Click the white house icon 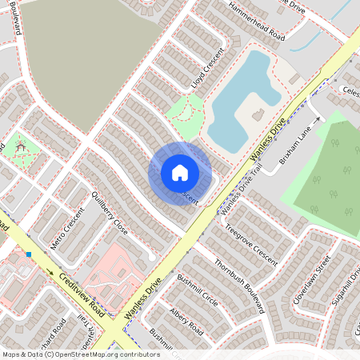click(x=180, y=173)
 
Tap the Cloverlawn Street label click(x=310, y=278)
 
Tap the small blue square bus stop click(x=28, y=254)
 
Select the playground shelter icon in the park click(x=21, y=147)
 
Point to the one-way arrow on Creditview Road click(x=58, y=273)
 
